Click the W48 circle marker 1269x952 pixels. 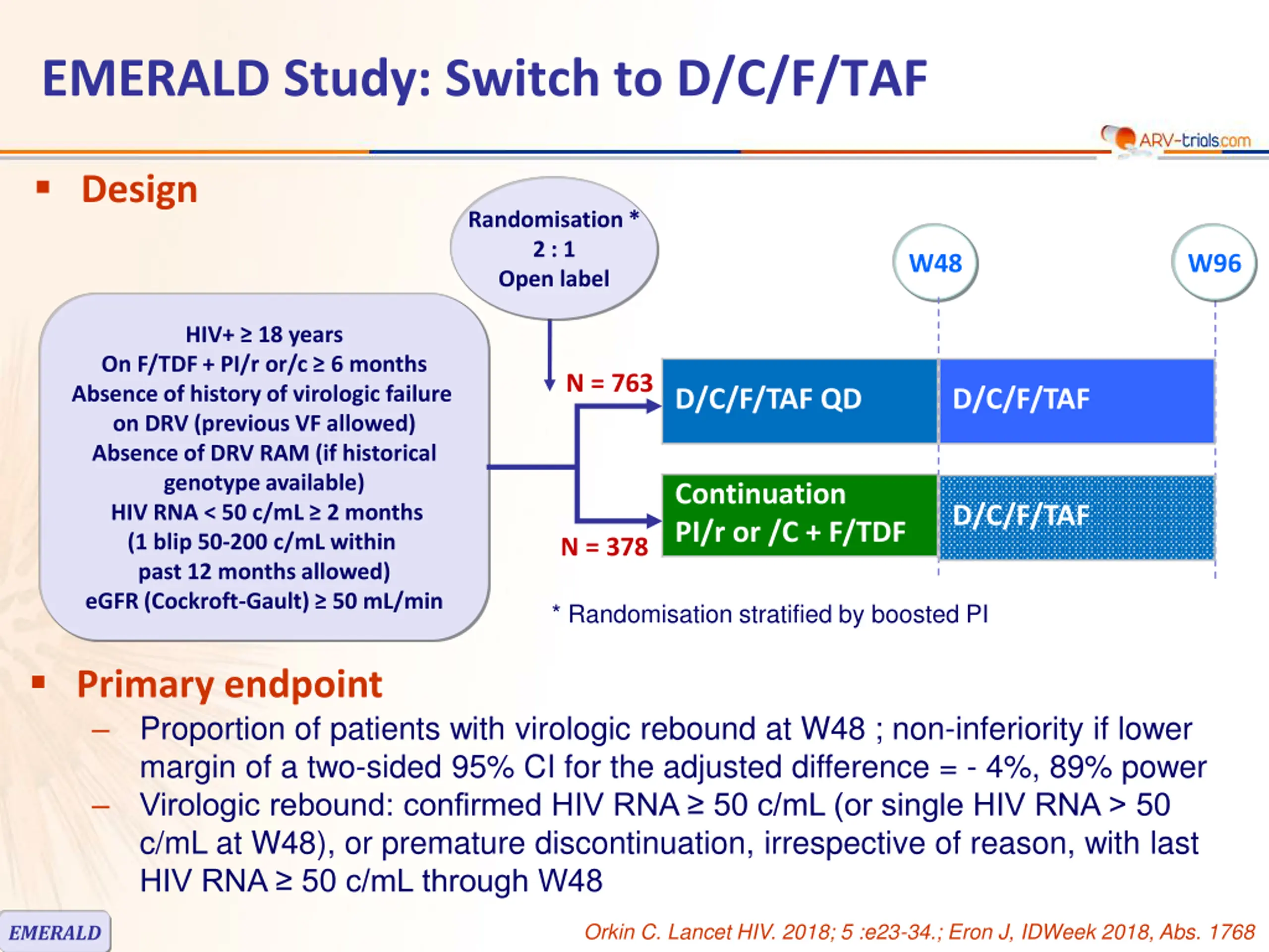tap(936, 263)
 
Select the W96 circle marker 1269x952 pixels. tap(1214, 263)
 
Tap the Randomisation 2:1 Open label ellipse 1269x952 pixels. tap(554, 248)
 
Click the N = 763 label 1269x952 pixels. tap(609, 383)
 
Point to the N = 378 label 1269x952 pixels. tap(605, 546)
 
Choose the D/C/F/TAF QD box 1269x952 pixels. tap(800, 401)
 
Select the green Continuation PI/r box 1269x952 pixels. tap(800, 515)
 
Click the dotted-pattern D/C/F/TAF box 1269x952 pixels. tap(1077, 517)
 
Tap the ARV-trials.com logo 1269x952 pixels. tap(1176, 139)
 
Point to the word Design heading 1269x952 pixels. tap(139, 189)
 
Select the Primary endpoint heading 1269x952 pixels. tap(230, 684)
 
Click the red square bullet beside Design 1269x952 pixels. tap(43, 187)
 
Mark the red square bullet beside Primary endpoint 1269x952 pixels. tap(39, 682)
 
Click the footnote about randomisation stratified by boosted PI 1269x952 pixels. tap(770, 614)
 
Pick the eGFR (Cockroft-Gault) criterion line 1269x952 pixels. tap(264, 601)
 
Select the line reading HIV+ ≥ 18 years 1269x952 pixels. tap(264, 334)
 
